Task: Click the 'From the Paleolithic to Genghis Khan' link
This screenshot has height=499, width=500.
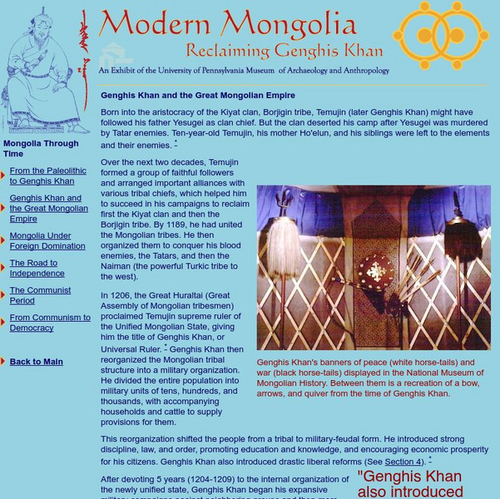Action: (47, 175)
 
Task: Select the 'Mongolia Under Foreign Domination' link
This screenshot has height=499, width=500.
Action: (47, 240)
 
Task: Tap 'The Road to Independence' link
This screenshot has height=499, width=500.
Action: (37, 268)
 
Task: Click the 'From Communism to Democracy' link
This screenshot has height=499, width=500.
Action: (50, 323)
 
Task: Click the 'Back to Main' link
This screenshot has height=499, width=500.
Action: (36, 362)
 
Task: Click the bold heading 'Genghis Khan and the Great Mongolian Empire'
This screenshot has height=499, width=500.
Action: (198, 96)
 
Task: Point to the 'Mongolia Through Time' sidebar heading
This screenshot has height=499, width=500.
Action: (41, 148)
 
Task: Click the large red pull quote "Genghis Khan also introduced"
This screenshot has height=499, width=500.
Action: (409, 484)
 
